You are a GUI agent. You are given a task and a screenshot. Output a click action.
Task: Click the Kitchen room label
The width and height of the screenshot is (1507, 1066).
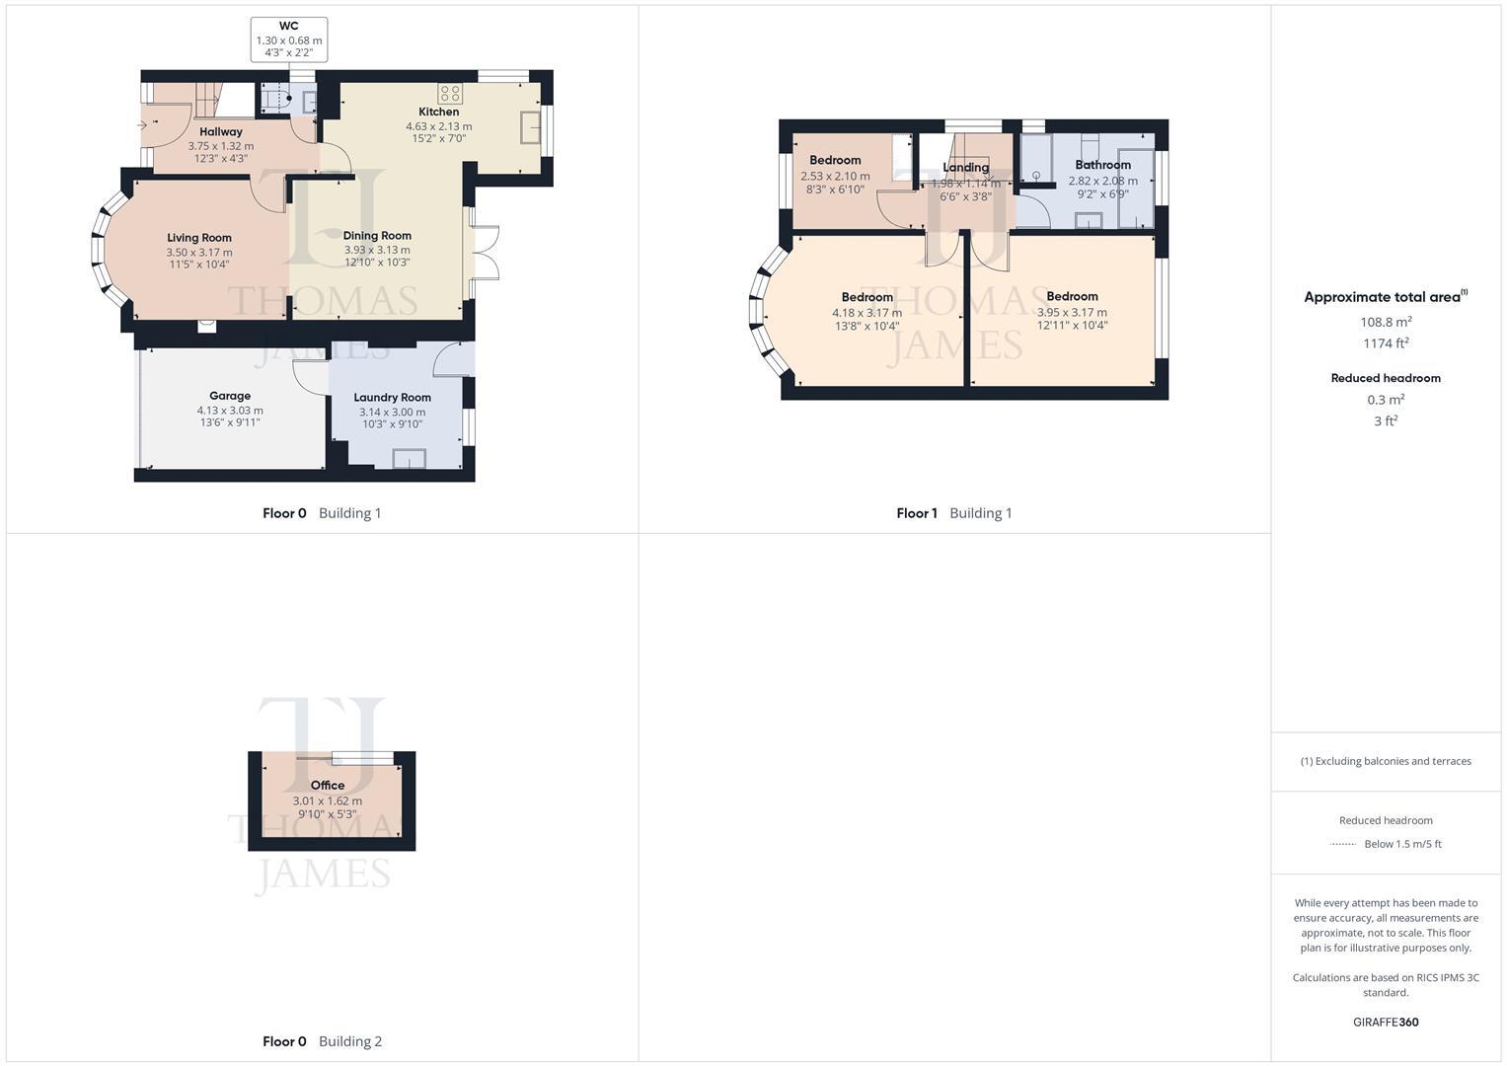tap(438, 112)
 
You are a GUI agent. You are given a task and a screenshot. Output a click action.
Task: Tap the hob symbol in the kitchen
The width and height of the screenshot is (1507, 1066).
tap(450, 94)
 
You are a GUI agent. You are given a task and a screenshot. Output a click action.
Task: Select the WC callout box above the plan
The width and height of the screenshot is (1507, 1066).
tap(289, 39)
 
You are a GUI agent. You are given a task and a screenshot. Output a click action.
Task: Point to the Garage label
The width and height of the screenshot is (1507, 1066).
tap(230, 396)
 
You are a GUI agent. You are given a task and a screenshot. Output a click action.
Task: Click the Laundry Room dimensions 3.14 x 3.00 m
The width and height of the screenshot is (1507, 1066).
tap(392, 412)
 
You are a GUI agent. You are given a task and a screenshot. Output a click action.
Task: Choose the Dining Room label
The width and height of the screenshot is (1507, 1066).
tap(377, 235)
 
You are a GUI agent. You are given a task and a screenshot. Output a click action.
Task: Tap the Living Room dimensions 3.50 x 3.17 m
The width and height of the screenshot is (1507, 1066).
tap(199, 253)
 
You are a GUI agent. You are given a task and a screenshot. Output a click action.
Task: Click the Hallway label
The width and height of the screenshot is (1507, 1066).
tap(220, 131)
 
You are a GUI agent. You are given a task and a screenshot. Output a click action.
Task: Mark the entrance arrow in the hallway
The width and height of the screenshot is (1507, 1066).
tap(143, 124)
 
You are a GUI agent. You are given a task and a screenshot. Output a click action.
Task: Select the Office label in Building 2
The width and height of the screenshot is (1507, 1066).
tap(328, 786)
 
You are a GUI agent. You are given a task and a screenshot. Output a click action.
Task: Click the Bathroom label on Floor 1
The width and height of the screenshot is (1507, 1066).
tap(1102, 165)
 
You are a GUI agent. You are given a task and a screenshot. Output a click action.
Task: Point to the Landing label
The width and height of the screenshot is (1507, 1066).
tap(965, 168)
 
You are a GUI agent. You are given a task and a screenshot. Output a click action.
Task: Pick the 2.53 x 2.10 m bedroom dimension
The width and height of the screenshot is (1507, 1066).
tap(835, 176)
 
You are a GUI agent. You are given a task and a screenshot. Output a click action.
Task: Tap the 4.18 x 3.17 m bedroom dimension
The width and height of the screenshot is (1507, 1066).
tap(867, 313)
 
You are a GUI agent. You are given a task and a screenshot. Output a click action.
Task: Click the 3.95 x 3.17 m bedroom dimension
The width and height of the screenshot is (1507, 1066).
tap(1072, 312)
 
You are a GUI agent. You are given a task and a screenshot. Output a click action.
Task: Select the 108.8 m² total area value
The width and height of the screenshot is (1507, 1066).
tap(1386, 322)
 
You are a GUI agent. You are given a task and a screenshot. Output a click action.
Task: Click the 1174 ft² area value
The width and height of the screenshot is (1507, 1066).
tap(1386, 343)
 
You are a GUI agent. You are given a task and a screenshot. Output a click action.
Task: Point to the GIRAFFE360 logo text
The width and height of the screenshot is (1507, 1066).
tap(1386, 1023)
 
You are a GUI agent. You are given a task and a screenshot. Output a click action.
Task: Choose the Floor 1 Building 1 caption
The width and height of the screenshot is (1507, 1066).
tap(953, 513)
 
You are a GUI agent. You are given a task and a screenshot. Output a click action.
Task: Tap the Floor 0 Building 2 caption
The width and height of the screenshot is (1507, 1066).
tap(322, 1041)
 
